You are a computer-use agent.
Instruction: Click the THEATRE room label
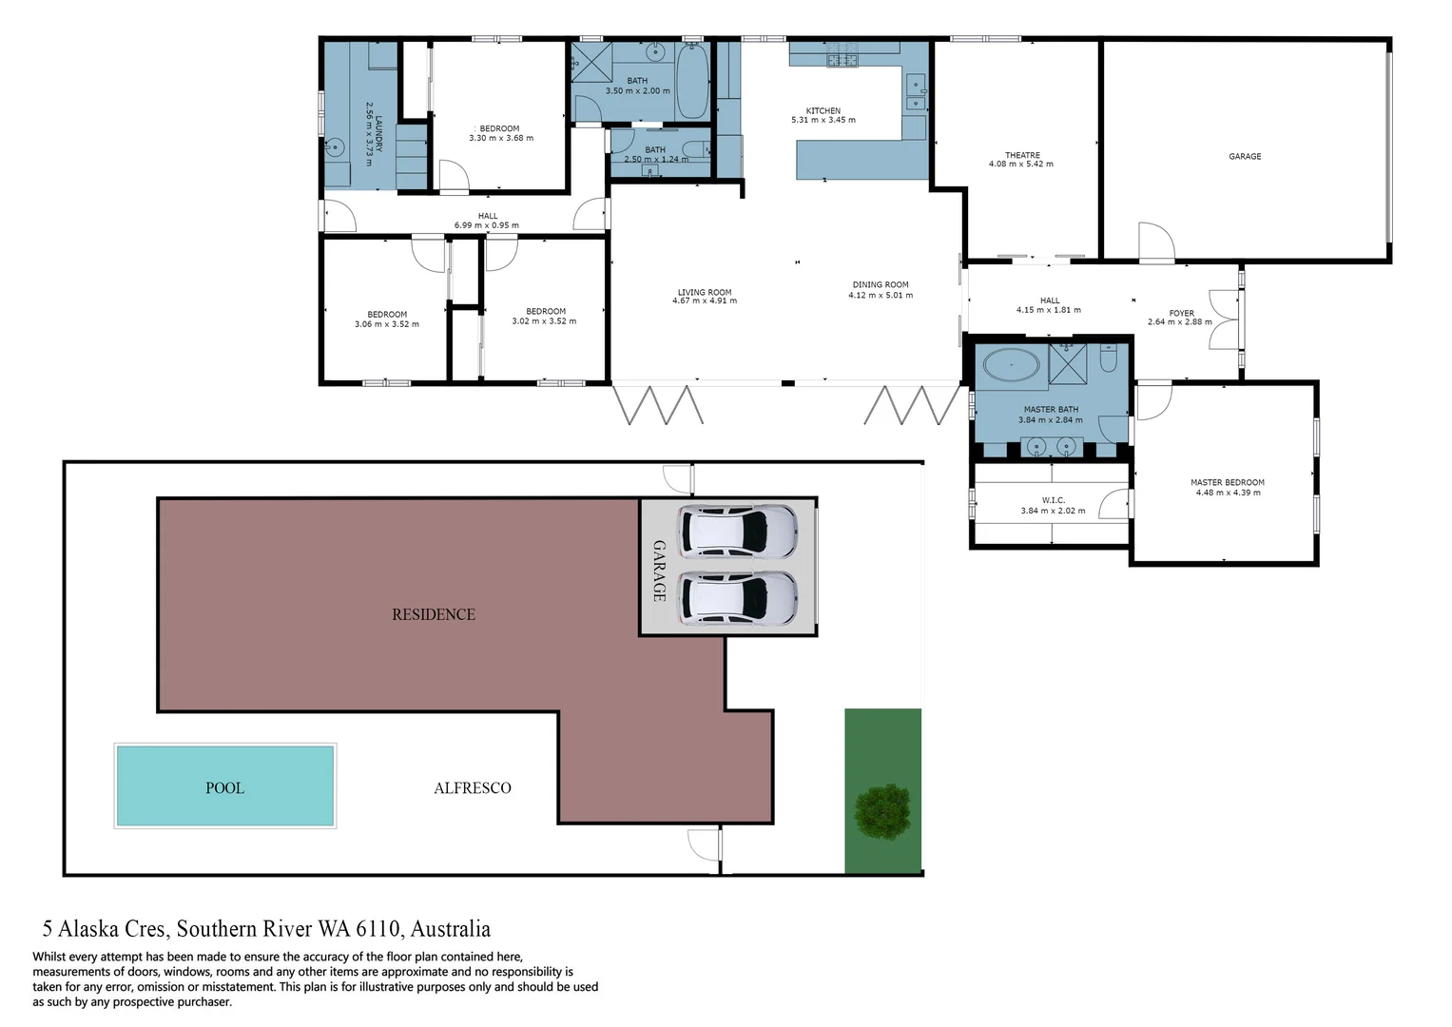click(x=1022, y=155)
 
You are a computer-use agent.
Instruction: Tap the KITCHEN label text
click(x=823, y=110)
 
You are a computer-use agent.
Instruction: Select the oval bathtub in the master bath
click(x=1011, y=365)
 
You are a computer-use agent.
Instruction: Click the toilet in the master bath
click(x=1109, y=359)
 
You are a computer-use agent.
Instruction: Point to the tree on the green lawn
click(x=882, y=812)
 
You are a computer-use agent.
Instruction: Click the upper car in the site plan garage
click(x=738, y=531)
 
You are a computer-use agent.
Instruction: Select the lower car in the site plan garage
click(x=738, y=598)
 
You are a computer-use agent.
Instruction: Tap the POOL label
click(x=224, y=787)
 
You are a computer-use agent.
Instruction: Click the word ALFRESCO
click(x=472, y=787)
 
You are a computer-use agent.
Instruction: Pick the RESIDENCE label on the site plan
click(x=433, y=614)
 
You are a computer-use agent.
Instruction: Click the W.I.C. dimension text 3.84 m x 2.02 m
click(x=1053, y=511)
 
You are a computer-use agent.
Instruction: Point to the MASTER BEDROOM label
click(x=1227, y=482)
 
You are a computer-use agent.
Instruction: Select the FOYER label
click(x=1181, y=313)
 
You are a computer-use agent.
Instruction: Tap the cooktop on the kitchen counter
click(x=842, y=60)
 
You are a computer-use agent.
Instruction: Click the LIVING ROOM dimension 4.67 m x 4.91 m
click(x=704, y=301)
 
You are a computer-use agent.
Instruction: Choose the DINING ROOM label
click(x=880, y=284)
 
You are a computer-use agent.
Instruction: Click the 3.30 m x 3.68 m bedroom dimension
click(x=500, y=139)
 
